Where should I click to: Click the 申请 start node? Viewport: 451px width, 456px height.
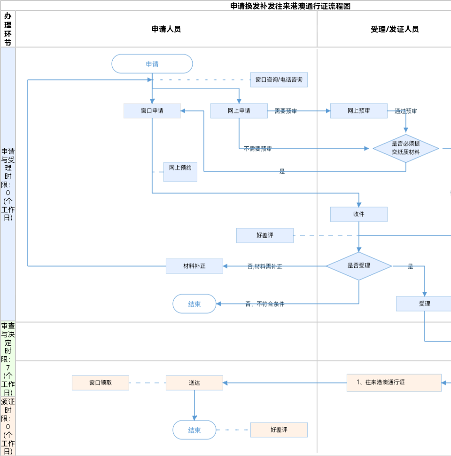[152, 64]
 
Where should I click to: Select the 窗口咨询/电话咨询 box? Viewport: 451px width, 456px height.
[279, 80]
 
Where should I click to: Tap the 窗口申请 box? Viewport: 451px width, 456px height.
[152, 111]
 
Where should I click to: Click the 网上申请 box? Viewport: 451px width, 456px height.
[239, 111]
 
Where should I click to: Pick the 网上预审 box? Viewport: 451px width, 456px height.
[358, 111]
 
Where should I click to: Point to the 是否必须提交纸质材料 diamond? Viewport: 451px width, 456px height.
[405, 148]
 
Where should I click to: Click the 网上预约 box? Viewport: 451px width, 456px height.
[180, 172]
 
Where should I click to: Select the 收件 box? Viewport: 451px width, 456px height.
[358, 214]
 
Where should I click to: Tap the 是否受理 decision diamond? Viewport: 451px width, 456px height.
[359, 266]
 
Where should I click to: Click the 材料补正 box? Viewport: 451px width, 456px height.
[194, 266]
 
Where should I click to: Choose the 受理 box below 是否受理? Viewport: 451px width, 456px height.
[424, 304]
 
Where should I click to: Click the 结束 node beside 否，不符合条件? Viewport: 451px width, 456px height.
[194, 304]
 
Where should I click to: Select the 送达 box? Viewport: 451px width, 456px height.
[194, 383]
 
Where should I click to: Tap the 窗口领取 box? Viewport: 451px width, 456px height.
[101, 383]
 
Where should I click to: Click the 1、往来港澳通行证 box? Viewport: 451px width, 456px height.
[394, 383]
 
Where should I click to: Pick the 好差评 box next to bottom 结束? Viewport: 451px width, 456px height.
[279, 430]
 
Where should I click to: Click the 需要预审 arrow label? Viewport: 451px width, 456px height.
[286, 111]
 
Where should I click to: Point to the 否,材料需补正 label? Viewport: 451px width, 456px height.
[265, 266]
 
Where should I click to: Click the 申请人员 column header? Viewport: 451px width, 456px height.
[166, 29]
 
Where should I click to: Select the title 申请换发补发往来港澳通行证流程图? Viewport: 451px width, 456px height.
[290, 6]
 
